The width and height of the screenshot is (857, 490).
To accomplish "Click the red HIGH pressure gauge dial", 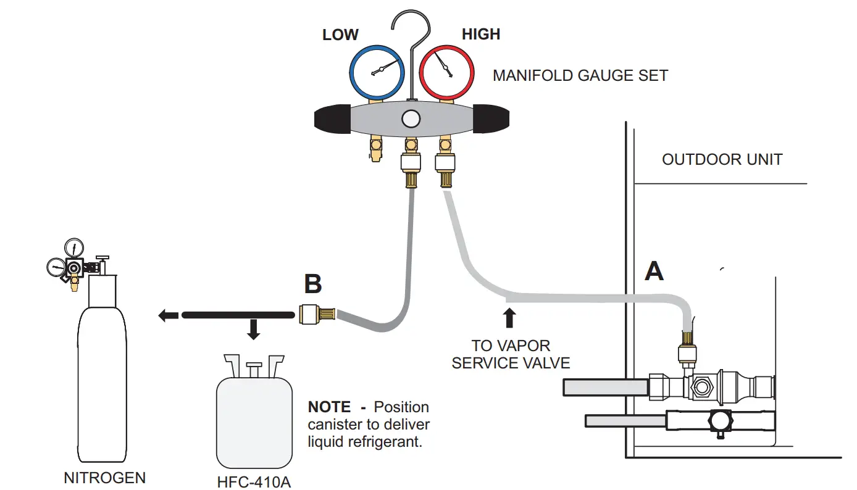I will point(446,73).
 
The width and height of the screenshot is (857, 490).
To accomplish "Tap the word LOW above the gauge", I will point(340,35).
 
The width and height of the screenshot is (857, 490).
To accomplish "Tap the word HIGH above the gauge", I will point(481,35).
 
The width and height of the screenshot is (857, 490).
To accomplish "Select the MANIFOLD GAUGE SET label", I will point(580,76).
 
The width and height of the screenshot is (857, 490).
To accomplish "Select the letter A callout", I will point(654,270).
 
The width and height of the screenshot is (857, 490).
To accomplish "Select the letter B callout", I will point(313,284).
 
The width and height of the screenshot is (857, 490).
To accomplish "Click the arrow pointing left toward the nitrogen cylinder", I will point(168,315).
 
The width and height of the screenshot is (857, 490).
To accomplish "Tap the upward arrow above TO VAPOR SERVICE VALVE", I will point(509,317).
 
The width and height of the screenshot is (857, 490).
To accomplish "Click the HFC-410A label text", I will point(253,481).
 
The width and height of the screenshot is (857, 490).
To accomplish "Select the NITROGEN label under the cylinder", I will point(105,478).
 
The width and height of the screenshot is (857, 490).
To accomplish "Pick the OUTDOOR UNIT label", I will point(722,159).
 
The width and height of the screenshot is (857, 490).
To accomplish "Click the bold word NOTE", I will point(329,407).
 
